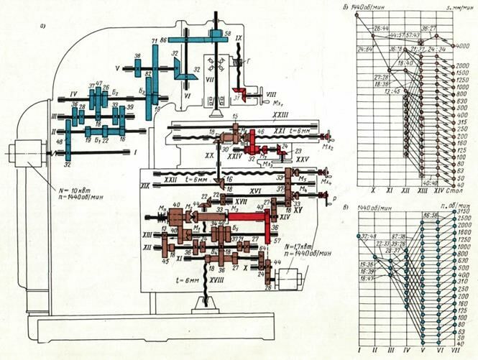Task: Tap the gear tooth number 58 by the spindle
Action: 227,34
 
